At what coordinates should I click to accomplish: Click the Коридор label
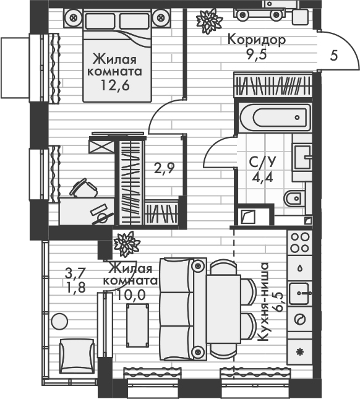coord(256,40)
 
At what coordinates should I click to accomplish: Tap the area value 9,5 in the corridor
coord(256,53)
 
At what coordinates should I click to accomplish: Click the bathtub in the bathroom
coord(272,116)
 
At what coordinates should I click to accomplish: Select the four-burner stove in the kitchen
coord(300,241)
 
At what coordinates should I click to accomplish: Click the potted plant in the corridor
coord(208,21)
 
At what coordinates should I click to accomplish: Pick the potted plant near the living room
coord(127,243)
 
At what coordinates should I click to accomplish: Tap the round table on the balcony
coord(59,322)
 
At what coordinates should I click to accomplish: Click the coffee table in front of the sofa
coord(137,322)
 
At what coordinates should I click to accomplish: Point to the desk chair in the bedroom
coord(82,188)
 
